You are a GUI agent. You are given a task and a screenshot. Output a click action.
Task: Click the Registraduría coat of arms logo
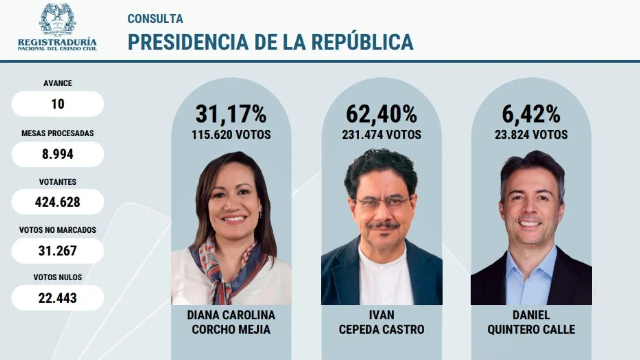click(57, 19)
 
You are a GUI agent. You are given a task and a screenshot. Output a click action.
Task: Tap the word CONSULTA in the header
click(155, 19)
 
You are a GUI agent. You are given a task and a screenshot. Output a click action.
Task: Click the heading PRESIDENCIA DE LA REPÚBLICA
click(270, 42)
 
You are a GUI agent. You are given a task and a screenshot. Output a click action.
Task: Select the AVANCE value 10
click(58, 104)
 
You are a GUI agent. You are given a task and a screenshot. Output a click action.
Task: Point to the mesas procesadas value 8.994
click(58, 154)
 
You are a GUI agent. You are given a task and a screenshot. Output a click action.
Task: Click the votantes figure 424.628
click(58, 202)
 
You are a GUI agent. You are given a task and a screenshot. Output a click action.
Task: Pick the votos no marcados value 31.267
click(58, 250)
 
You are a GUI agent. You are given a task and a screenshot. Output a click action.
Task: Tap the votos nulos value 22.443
click(58, 298)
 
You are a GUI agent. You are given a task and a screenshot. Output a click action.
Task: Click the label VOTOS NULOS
click(58, 277)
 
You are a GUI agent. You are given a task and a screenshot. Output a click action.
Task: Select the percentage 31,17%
click(231, 114)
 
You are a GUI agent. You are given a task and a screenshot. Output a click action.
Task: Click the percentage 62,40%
click(381, 114)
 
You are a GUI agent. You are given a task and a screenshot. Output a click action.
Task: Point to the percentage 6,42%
click(531, 114)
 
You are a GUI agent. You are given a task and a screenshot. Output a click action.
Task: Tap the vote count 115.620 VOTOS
click(231, 135)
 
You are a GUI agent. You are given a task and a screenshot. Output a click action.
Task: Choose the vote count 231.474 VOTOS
click(381, 135)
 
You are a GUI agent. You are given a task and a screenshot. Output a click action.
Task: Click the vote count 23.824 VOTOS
click(531, 135)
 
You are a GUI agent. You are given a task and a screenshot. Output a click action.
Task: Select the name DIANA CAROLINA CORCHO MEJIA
click(231, 322)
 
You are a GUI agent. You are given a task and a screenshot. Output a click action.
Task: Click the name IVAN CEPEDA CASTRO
click(381, 322)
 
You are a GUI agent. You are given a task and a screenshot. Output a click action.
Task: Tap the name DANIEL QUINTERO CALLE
click(531, 322)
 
